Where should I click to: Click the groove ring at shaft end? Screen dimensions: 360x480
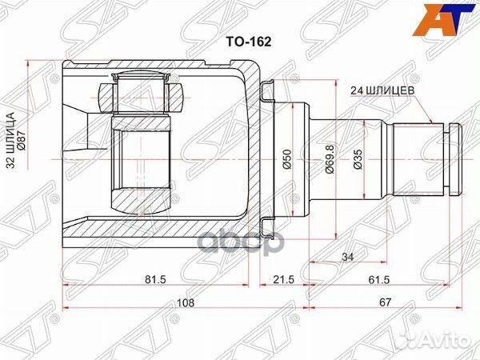454,160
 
